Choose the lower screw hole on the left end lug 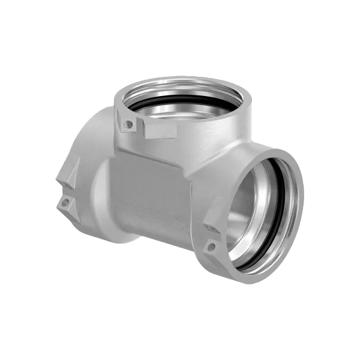coord(62,206)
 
